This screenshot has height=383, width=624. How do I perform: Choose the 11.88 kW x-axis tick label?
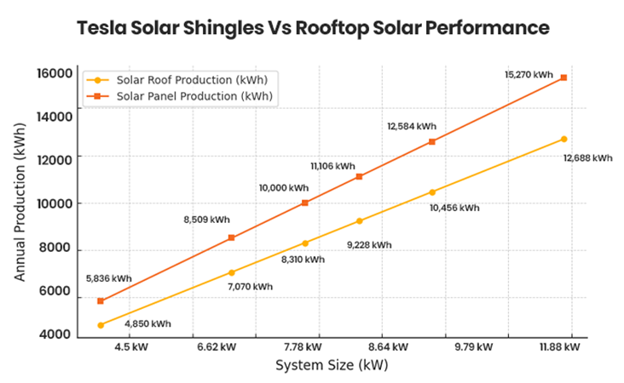coord(560,347)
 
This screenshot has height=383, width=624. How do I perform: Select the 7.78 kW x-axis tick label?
coord(303,347)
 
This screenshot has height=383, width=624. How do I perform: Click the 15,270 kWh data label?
coord(529,75)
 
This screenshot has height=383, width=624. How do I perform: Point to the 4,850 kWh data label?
coord(147,323)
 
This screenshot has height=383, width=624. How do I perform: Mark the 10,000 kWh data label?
coord(284,187)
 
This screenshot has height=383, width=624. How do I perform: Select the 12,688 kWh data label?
coord(588,157)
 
